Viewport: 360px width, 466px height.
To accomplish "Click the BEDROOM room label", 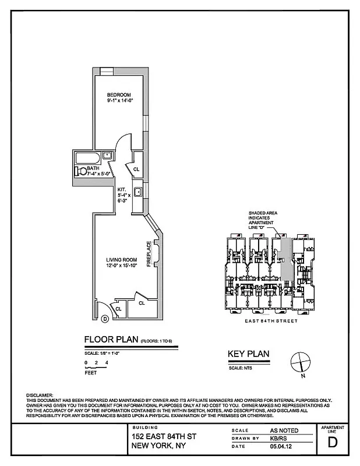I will [x=118, y=95].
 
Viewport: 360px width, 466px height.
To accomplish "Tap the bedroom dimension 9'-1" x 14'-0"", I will [x=120, y=101].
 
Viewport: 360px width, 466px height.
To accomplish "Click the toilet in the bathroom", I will [x=80, y=171].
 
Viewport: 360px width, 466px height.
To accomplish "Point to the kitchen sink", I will [x=139, y=192].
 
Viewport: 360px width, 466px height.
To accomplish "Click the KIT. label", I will [x=122, y=189].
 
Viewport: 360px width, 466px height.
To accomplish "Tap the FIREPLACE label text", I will [x=149, y=254].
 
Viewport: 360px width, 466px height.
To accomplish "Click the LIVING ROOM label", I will [x=121, y=260].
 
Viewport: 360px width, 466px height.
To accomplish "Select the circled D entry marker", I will [x=105, y=319].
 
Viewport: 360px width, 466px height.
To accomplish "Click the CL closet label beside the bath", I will [x=136, y=170].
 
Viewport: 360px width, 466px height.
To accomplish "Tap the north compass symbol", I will [x=300, y=362].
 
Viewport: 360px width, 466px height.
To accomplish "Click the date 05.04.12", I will [x=280, y=446].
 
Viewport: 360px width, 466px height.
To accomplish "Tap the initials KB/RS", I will [x=278, y=438].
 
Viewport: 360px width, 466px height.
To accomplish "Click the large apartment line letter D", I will [x=333, y=441].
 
